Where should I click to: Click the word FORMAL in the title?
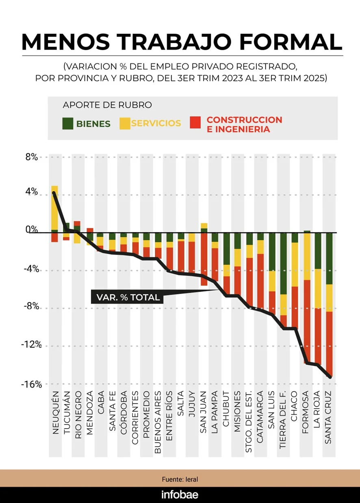pos(291,42)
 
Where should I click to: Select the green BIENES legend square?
pos(68,124)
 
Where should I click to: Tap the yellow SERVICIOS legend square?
pos(125,124)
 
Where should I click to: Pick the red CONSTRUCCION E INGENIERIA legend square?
pos(195,122)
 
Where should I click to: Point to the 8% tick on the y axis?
pos(31,157)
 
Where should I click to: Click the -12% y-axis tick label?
pos(31,344)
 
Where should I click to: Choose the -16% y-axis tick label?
pos(31,385)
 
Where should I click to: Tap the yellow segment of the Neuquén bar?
pos(54,208)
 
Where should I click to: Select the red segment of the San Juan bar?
pos(204,259)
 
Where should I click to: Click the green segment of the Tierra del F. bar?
pos(284,263)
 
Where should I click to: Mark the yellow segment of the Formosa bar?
pos(307,257)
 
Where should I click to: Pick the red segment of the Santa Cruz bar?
pos(329,344)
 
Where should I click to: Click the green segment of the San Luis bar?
pos(272,252)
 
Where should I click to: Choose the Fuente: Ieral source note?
pos(180,480)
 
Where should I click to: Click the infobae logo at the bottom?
pos(180,495)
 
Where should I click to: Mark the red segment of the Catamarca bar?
pos(260,281)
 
